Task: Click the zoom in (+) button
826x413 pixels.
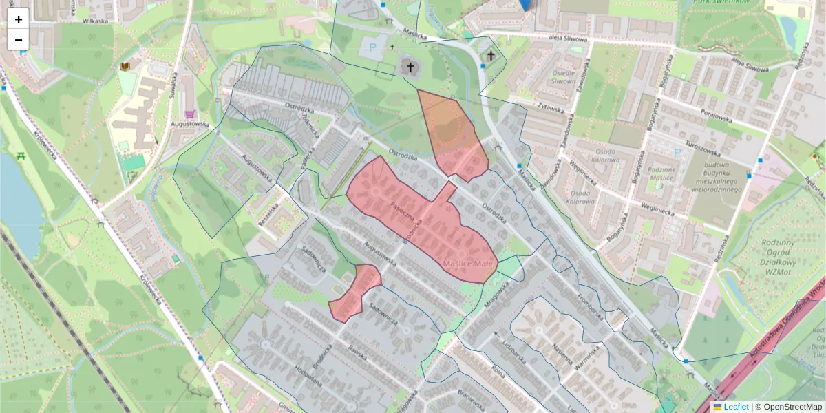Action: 19,19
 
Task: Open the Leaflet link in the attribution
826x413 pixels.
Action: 735,407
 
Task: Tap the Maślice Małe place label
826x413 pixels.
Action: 468,264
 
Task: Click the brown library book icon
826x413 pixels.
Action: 125,66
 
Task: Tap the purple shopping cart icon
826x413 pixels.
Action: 189,114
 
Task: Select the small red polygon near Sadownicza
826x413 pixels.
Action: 356,293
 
